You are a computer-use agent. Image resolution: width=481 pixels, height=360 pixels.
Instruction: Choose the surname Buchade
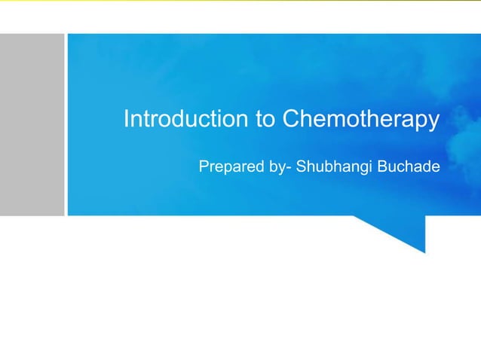[x=408, y=166]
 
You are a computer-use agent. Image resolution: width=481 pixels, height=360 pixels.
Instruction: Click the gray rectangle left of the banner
[x=32, y=124]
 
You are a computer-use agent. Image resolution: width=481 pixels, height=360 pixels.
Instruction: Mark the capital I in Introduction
[x=126, y=120]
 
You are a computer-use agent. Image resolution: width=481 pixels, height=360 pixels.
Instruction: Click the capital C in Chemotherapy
[x=290, y=120]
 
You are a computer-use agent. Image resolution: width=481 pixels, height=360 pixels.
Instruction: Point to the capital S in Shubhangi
[x=302, y=166]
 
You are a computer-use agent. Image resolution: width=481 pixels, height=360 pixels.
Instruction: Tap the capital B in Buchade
[x=382, y=166]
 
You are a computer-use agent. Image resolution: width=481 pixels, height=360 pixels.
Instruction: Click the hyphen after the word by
[x=290, y=167]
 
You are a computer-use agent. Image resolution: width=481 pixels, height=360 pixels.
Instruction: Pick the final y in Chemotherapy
[x=434, y=123]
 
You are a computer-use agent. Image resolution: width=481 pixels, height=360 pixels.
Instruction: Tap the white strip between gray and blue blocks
[x=66, y=124]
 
